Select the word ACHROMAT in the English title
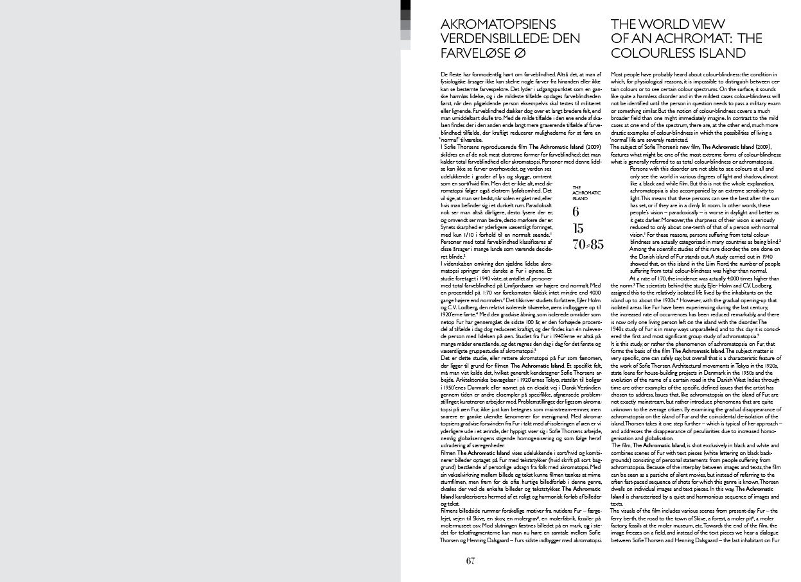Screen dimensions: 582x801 (693, 39)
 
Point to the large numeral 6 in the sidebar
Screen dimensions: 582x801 (576, 212)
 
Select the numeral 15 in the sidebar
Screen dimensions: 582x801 (577, 228)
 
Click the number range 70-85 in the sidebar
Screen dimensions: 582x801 (588, 244)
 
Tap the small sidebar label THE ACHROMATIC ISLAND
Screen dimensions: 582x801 (586, 193)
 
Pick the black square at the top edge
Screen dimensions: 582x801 (405, 5)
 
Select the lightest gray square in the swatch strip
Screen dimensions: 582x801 (405, 35)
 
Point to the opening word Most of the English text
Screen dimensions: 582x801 (617, 75)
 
